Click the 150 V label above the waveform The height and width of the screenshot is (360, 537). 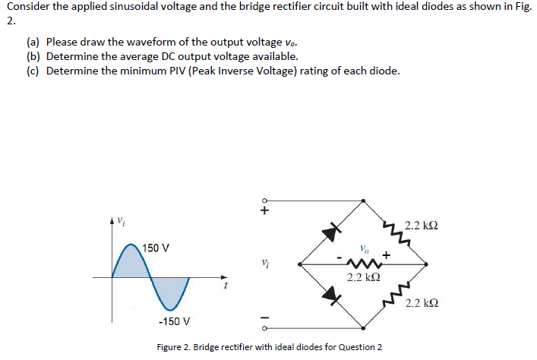point(155,248)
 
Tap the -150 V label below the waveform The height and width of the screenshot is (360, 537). point(174,321)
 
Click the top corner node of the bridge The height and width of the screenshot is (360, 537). point(364,201)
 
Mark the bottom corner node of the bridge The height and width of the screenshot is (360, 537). point(364,328)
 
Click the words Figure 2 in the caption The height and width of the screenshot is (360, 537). point(175,347)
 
